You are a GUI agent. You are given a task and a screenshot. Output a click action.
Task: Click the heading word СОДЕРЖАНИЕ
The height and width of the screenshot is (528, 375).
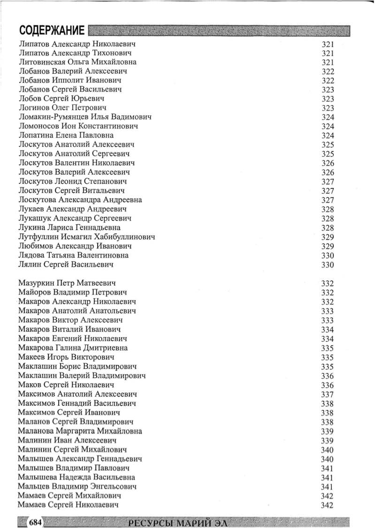52,31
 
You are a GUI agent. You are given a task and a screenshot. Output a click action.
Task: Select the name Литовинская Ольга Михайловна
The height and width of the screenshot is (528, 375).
77,62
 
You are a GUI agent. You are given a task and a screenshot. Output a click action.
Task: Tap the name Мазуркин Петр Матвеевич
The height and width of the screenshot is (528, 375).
67,283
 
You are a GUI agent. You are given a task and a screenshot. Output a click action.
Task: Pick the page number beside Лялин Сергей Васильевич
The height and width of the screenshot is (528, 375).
328,265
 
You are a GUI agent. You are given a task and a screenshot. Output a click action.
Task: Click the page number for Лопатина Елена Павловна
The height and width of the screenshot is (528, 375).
328,136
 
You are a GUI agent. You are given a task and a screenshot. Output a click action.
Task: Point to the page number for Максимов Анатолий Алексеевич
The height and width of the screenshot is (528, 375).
328,394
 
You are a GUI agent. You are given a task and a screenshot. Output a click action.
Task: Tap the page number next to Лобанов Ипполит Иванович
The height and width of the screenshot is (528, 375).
328,81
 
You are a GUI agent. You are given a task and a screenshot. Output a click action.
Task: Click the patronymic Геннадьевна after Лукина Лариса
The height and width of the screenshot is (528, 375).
97,228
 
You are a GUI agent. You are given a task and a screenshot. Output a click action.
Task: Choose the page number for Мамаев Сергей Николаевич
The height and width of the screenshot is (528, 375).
328,505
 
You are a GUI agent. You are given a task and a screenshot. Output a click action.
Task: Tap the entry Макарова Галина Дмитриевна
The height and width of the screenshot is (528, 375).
73,348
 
